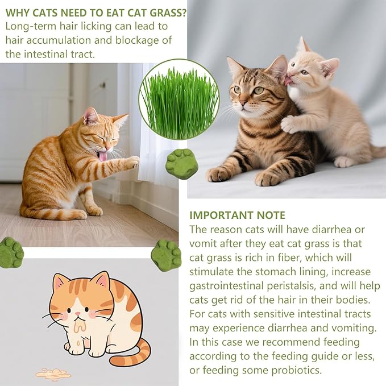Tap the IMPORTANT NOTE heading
point(237,215)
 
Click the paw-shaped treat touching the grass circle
point(182,164)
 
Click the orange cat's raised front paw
point(131,163)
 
